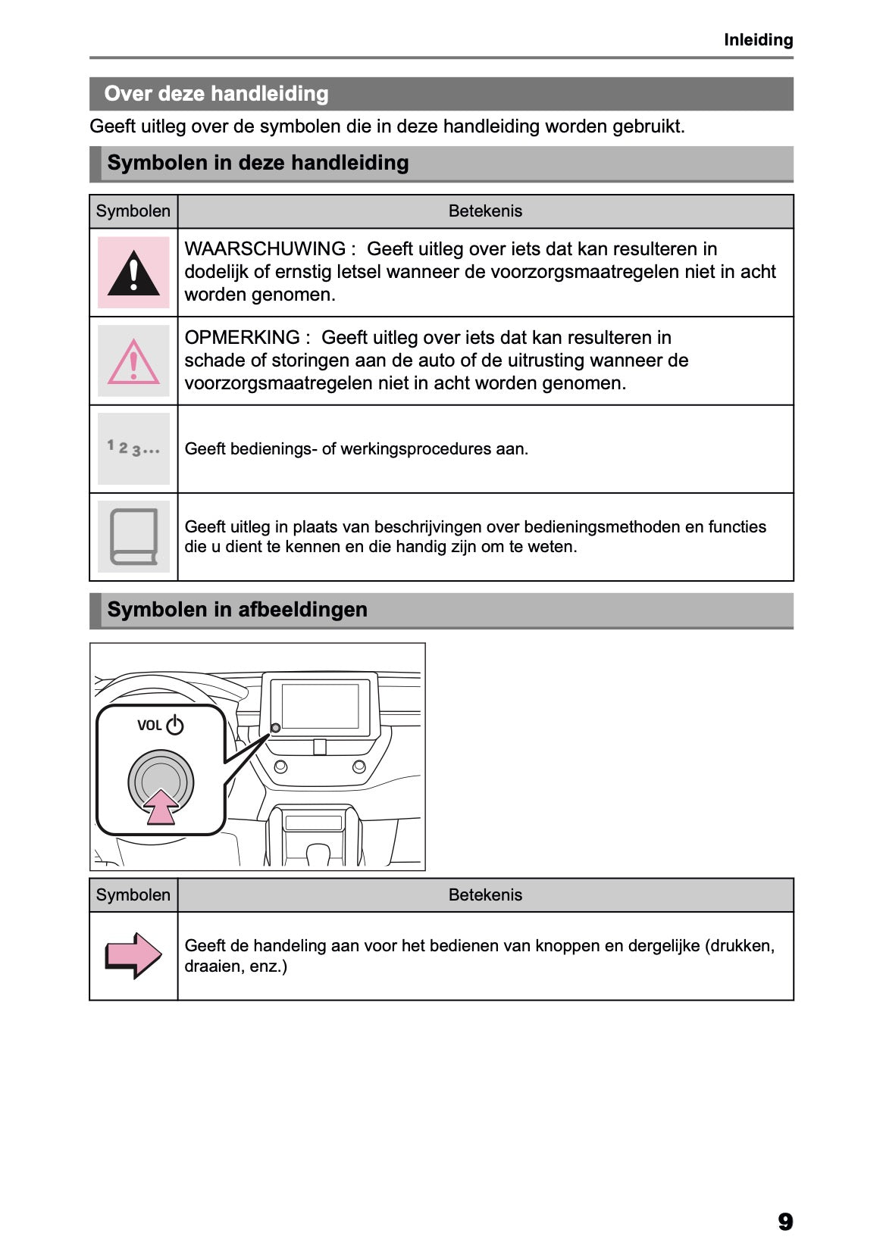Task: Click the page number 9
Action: pos(785,1221)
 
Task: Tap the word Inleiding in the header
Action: pos(758,40)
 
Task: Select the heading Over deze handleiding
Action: pos(216,94)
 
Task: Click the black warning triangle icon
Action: pos(133,273)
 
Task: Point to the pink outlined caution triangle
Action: pos(133,361)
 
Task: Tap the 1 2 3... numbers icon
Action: pos(133,448)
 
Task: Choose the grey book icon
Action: pos(133,537)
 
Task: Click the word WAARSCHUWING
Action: pos(265,249)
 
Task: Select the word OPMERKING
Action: pos(243,338)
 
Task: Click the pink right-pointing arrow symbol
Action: pos(133,955)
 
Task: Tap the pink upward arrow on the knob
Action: pos(161,807)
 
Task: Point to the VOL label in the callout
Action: pos(149,726)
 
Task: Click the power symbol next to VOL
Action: pos(175,725)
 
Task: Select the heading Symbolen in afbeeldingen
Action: pos(237,610)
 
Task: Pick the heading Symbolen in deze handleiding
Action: pos(258,163)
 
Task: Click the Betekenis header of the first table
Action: pos(485,211)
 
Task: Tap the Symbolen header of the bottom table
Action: pos(133,895)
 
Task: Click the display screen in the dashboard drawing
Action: pos(320,706)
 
